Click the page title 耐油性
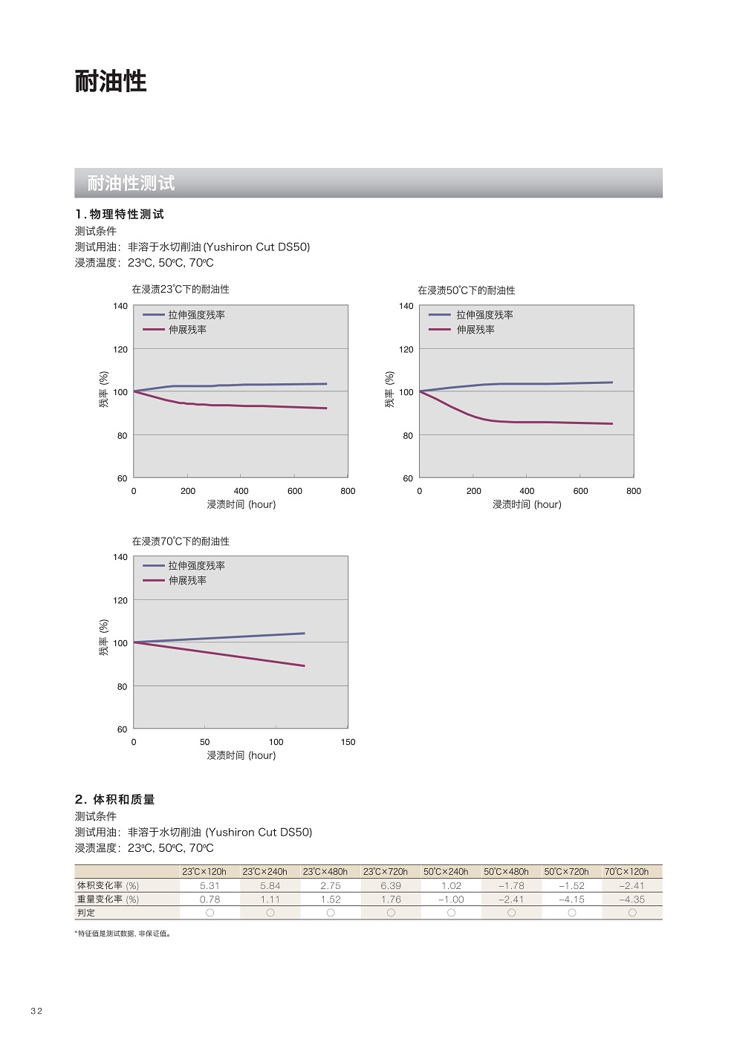111,81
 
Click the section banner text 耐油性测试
131,183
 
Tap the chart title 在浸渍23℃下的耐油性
181,290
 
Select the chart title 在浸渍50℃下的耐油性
466,290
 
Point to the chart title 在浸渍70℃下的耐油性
181,541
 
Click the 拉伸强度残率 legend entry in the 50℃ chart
484,315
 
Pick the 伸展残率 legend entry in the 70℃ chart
187,581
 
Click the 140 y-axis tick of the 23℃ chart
120,306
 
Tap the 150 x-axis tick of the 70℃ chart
348,742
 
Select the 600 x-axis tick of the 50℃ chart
580,491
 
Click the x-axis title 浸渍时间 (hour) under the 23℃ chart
241,504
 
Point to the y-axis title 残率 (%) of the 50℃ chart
389,390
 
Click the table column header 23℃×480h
325,872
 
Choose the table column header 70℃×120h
626,872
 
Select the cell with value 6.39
391,886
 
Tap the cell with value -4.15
571,899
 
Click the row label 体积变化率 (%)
108,886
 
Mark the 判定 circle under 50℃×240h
451,913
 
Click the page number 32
36,1011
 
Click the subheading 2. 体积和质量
114,800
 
